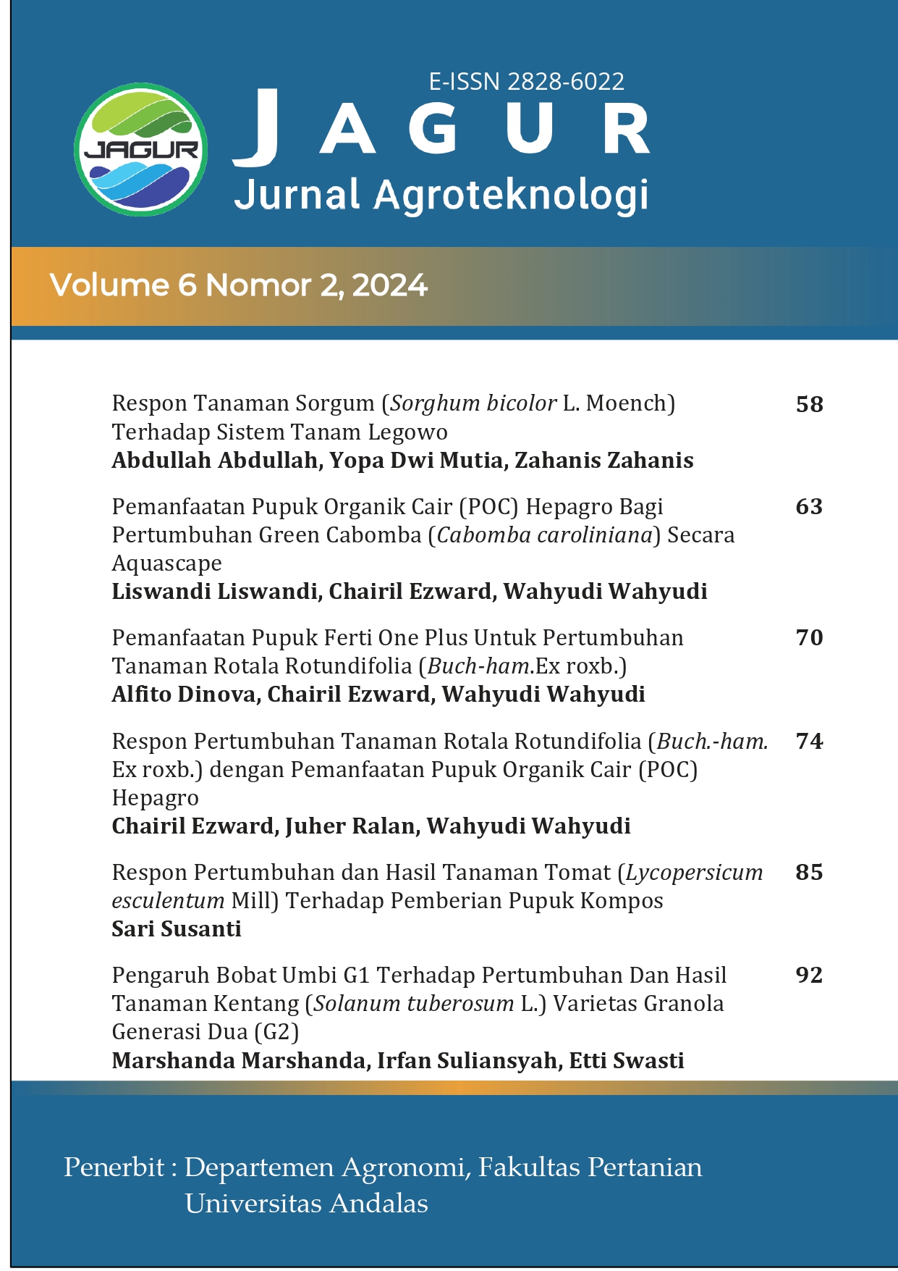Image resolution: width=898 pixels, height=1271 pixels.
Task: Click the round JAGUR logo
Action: [141, 149]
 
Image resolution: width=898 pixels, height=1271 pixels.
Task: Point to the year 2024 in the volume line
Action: [390, 285]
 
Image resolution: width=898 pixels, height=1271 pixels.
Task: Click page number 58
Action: [809, 404]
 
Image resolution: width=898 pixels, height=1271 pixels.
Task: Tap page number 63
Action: [809, 506]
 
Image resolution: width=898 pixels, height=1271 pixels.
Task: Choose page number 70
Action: [809, 637]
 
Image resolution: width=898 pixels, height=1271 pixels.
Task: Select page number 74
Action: [809, 741]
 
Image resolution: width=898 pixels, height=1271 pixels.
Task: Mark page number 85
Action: [809, 872]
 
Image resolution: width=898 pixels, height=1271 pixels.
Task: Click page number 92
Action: [809, 975]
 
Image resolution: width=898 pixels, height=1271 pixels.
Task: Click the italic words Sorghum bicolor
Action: [473, 403]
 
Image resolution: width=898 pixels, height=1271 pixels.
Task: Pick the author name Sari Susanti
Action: [177, 928]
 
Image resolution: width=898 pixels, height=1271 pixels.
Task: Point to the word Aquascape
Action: [166, 563]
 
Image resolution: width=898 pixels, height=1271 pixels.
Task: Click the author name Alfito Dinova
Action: [184, 695]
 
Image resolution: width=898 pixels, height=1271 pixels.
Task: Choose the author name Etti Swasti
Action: [627, 1061]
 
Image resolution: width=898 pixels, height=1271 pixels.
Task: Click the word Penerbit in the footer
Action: [114, 1167]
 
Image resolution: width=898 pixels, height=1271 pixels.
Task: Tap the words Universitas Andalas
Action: [306, 1204]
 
